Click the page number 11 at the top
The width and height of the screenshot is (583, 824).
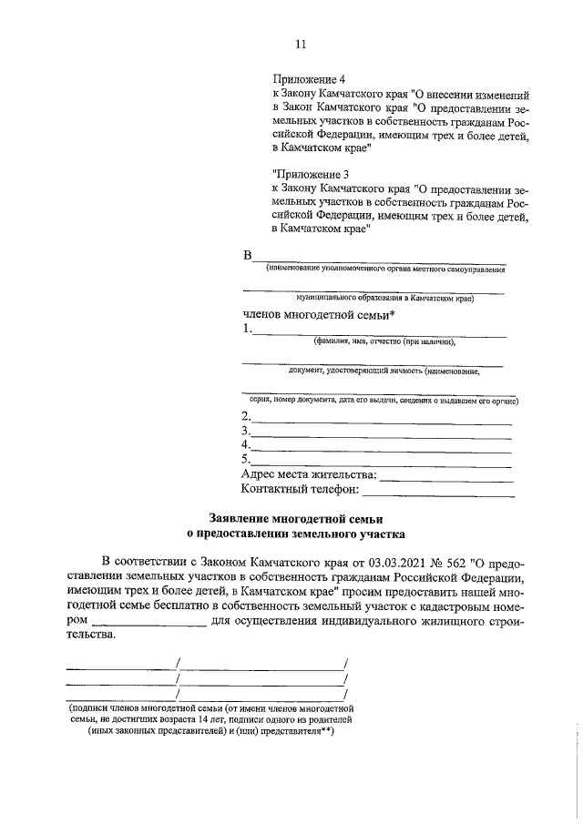pos(301,45)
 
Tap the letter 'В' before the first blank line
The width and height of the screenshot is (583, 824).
pos(246,255)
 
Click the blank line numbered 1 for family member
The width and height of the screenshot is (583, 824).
pos(378,333)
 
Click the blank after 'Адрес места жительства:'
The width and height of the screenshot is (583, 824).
pos(446,478)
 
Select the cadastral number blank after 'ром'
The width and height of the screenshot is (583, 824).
pos(149,622)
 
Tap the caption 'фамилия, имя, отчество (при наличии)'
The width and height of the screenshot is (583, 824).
pos(384,342)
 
